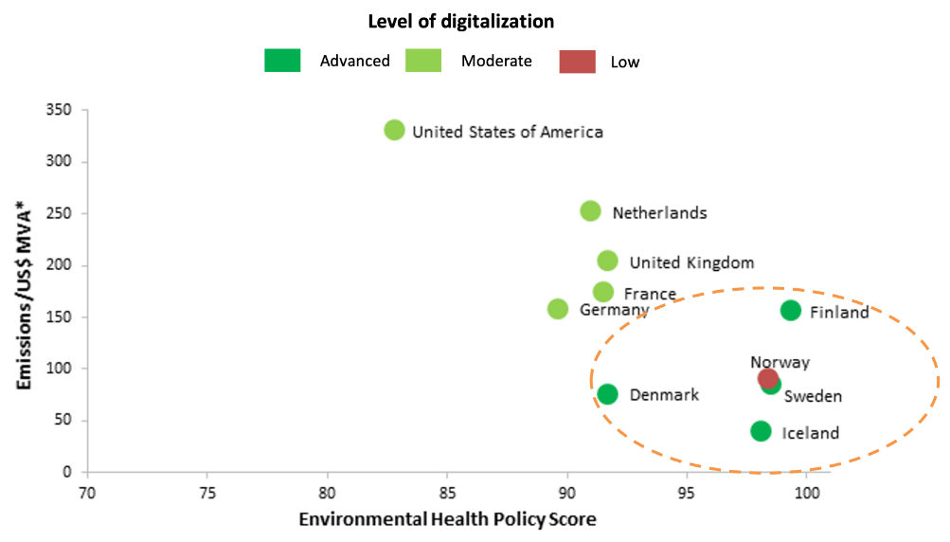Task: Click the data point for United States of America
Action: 395,130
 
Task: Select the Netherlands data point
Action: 590,211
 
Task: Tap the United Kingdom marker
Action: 607,261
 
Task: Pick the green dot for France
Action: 603,292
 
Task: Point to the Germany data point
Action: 558,309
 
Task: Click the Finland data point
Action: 791,311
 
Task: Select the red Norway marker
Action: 767,378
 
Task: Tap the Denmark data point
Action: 607,394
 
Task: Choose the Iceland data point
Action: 761,431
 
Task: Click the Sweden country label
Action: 813,397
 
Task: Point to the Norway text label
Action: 780,362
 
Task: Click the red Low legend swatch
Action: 577,62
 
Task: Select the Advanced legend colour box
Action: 282,62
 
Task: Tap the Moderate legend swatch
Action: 423,62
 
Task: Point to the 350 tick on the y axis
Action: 60,110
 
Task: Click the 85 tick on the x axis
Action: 447,493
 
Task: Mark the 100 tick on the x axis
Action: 807,493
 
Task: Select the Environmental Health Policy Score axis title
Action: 447,520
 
